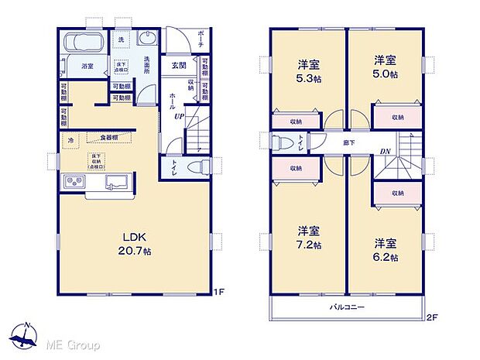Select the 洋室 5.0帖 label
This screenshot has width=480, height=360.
point(385,67)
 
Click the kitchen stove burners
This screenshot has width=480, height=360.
point(74,183)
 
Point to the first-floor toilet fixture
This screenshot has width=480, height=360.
point(198,166)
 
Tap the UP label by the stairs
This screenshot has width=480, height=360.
point(179,116)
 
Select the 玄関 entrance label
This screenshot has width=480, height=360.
point(178,66)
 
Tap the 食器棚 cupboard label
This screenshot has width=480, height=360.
point(108,138)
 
